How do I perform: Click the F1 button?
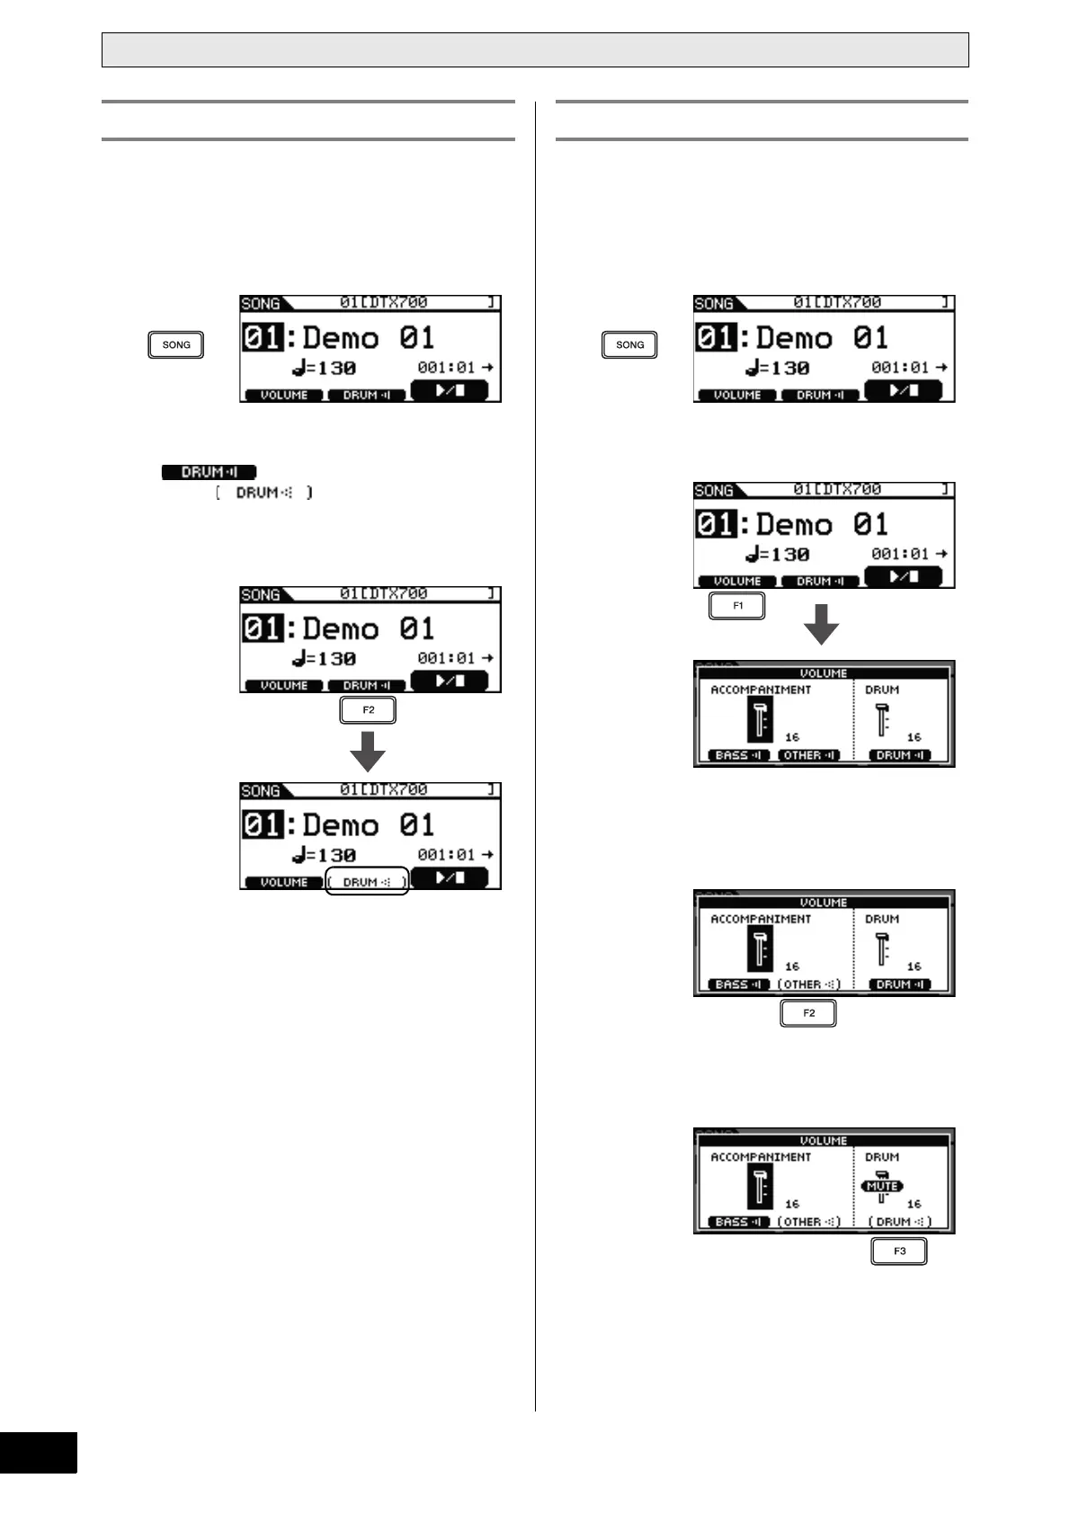pos(737,606)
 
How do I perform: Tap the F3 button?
pos(899,1251)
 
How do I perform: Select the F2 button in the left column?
pos(368,710)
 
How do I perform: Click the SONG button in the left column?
pos(176,344)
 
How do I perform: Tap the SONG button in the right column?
pos(629,344)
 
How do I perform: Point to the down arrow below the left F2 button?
pos(368,751)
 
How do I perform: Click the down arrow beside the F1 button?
pos(821,624)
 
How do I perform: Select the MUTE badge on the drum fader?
pos(882,1186)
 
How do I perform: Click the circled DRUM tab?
pos(367,882)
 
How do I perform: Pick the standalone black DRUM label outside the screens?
pos(210,472)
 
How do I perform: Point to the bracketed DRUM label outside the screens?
pos(264,493)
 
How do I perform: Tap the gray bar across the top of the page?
pos(535,50)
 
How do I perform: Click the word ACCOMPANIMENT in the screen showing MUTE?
pos(761,1157)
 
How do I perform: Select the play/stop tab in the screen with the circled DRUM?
pos(450,877)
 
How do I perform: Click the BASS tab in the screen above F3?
pos(738,1222)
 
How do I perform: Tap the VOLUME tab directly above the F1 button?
pos(736,582)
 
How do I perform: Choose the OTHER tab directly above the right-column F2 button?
pos(809,984)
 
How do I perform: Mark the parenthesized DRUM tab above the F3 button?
pos(900,1222)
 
